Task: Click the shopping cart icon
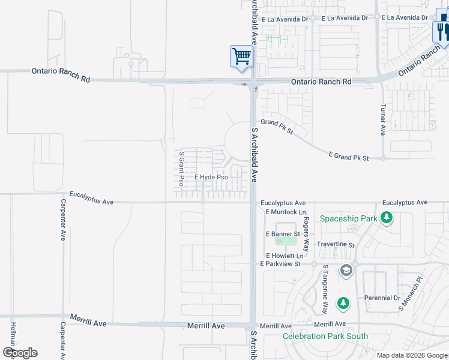tap(241, 56)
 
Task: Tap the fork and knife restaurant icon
tap(442, 31)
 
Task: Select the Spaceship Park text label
tap(348, 218)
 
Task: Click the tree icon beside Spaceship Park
tap(388, 218)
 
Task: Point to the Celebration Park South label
tap(325, 336)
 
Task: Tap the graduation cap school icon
tap(346, 271)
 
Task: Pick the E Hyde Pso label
tap(211, 178)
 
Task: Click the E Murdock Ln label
tap(285, 212)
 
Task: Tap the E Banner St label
tap(282, 234)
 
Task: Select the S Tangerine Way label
tap(325, 281)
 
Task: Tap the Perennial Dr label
tap(382, 298)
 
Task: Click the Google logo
tap(20, 353)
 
